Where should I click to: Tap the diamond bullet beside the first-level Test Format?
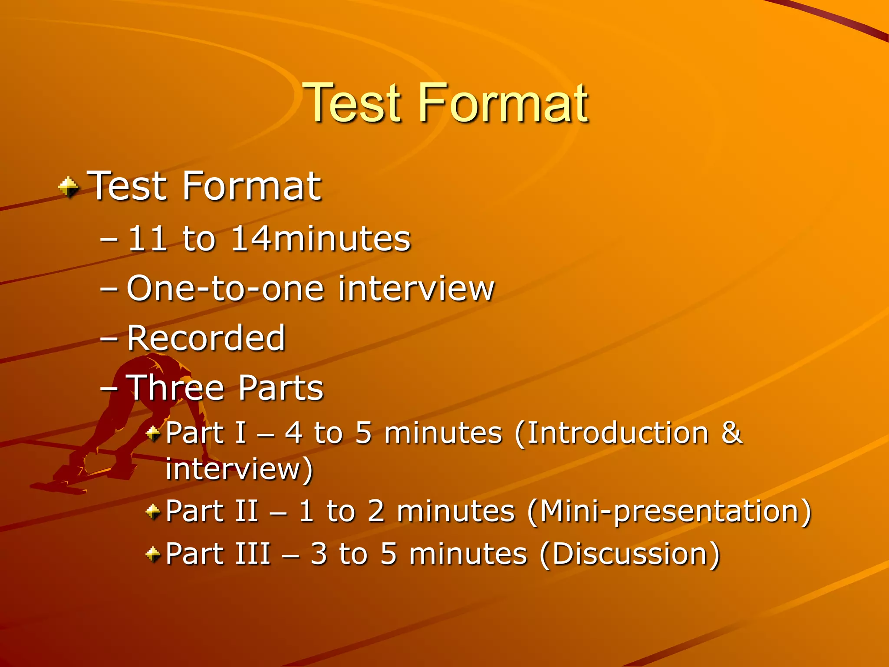(68, 188)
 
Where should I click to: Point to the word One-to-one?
(225, 288)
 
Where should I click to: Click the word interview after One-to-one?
(416, 288)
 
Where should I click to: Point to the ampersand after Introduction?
(731, 433)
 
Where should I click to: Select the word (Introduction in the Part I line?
(612, 433)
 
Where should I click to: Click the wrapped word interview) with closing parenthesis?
(239, 469)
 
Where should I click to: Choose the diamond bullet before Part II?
(153, 511)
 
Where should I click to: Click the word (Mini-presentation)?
(669, 511)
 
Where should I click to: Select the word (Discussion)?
(630, 554)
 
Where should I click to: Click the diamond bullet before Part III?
(153, 554)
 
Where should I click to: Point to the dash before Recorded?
(109, 339)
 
